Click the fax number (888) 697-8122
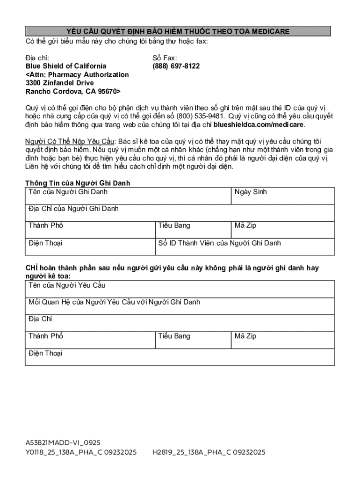[176, 66]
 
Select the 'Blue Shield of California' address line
[65, 66]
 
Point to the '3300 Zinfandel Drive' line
[59, 83]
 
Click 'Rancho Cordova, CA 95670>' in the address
[73, 92]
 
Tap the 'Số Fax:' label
[165, 58]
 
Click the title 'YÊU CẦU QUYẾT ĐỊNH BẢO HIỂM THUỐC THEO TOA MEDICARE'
[178, 31]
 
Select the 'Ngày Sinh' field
[282, 196]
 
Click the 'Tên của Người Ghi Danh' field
[128, 196]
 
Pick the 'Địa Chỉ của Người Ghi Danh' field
[180, 213]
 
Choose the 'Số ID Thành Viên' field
[245, 247]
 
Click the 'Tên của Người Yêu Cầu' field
[180, 289]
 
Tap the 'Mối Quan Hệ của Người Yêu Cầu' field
[180, 306]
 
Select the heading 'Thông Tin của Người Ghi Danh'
[78, 183]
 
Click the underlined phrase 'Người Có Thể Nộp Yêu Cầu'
[70, 142]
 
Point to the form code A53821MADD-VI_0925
[63, 443]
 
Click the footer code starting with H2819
[209, 452]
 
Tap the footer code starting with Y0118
[81, 452]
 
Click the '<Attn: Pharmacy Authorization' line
[77, 75]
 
